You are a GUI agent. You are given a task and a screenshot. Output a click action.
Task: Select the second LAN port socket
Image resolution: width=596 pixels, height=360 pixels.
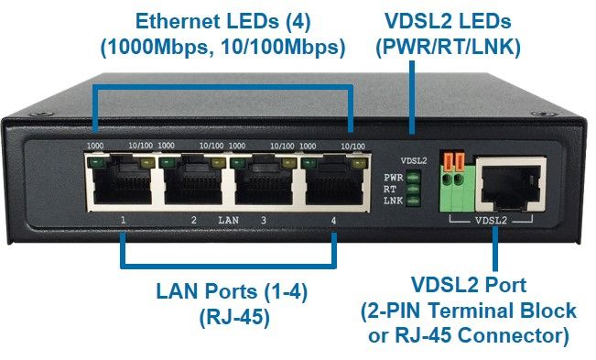[x=193, y=182]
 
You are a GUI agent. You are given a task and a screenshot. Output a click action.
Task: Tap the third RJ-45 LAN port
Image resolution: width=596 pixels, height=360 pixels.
[x=264, y=182]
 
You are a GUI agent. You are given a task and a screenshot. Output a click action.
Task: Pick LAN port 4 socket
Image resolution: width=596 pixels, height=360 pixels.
[x=333, y=182]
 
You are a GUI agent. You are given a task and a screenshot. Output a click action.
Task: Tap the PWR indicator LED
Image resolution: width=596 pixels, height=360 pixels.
[x=413, y=177]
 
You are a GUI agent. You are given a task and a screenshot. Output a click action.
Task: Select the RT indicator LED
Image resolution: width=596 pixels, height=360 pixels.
[x=413, y=188]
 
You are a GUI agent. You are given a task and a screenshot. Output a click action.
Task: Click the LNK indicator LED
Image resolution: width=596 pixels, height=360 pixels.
[x=413, y=199]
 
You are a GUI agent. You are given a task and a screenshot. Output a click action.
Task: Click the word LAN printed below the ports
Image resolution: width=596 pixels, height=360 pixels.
[x=228, y=221]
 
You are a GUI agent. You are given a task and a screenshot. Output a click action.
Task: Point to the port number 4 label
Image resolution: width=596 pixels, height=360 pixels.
[x=333, y=221]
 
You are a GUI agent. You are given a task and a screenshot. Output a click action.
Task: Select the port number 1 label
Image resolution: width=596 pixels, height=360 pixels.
[x=122, y=221]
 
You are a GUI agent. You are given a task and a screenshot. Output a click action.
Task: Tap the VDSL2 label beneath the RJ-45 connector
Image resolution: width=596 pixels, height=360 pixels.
[x=493, y=220]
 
